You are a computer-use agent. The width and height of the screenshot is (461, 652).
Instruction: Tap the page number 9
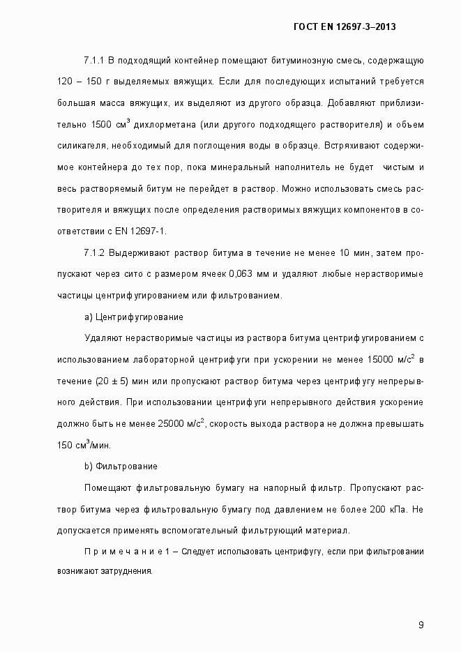click(x=421, y=624)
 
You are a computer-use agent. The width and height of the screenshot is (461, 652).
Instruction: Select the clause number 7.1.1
click(x=94, y=61)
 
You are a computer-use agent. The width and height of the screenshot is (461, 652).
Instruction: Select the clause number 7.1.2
click(x=94, y=253)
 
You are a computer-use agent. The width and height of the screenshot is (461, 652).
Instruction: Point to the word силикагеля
click(x=78, y=146)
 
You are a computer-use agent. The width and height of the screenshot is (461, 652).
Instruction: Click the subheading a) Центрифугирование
click(x=133, y=317)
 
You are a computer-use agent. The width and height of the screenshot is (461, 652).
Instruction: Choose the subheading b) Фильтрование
click(x=120, y=466)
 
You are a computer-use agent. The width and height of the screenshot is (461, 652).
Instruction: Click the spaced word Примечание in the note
click(x=123, y=552)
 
